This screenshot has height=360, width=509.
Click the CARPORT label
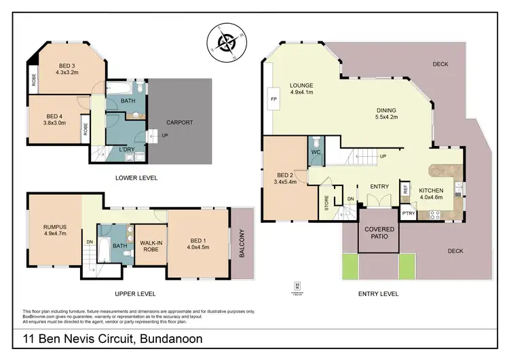[x=180, y=122]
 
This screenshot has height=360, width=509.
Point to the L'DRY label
[x=127, y=148]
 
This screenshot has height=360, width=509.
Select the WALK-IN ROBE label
[x=150, y=246]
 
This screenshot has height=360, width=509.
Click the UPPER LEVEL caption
[x=136, y=293]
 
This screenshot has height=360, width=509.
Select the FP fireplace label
[x=274, y=99]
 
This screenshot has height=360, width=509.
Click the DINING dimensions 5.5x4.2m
[x=388, y=118]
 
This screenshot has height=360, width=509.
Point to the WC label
[x=316, y=153]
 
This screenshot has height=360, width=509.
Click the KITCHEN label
[x=432, y=191]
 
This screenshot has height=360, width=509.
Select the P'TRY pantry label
[x=407, y=213]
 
